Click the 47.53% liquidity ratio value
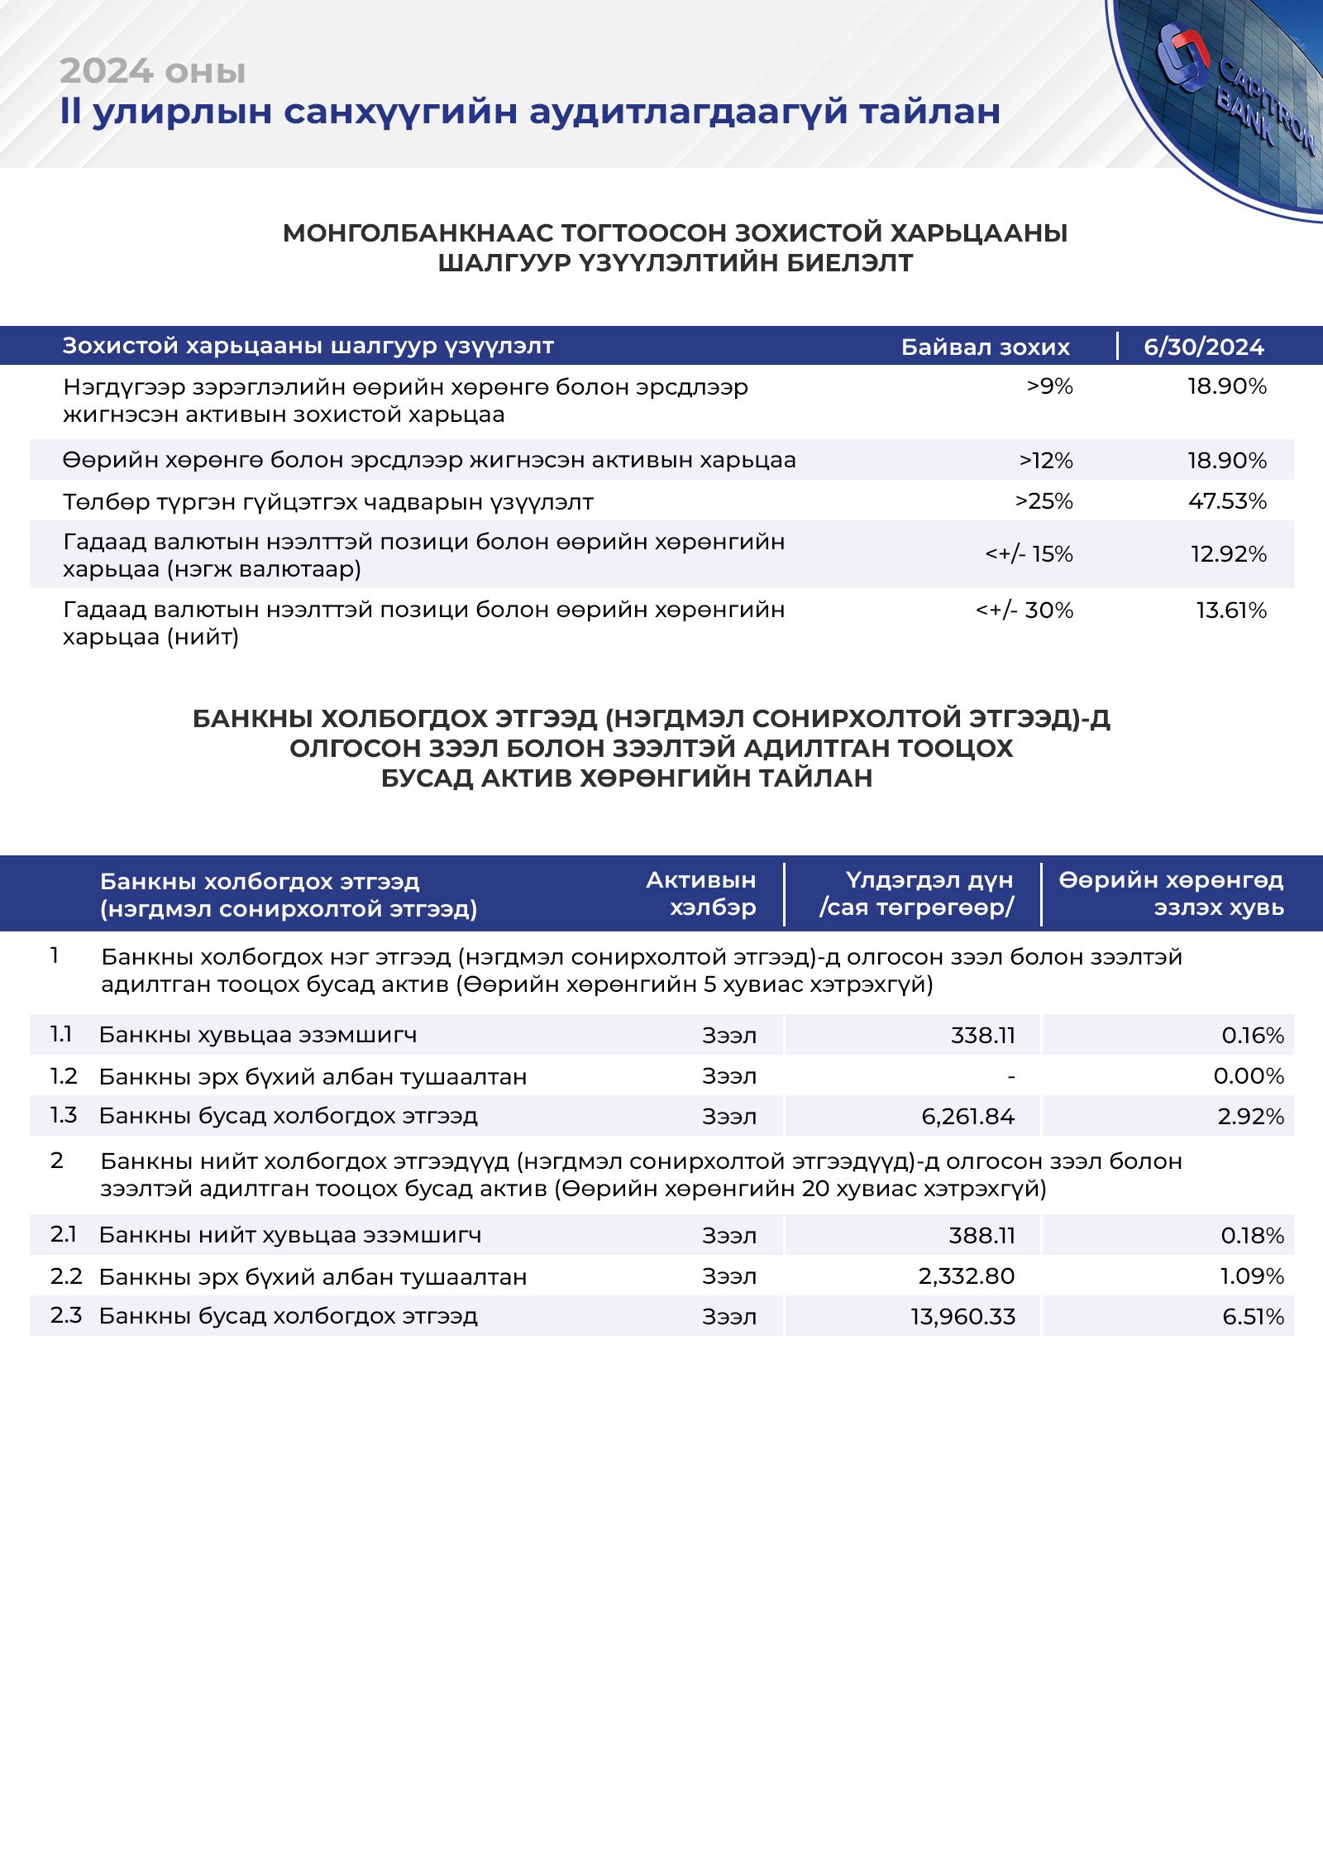tap(1227, 501)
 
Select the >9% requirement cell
tap(1049, 386)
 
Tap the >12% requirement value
tap(1046, 461)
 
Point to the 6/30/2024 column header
tap(1203, 347)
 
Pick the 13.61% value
tap(1231, 610)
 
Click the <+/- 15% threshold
tap(1029, 554)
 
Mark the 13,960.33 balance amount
tap(962, 1317)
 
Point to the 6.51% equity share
tap(1253, 1317)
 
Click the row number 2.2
tap(66, 1276)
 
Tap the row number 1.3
tap(64, 1116)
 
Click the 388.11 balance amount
tap(982, 1236)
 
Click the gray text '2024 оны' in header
tap(153, 72)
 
